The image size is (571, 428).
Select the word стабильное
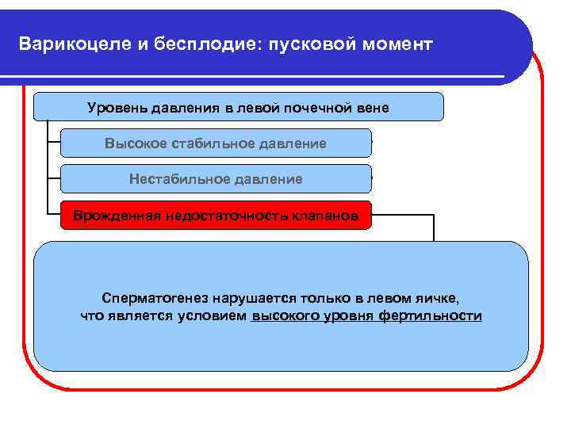[x=201, y=143]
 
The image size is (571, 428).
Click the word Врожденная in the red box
[x=117, y=215]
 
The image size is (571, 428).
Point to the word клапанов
[x=324, y=215]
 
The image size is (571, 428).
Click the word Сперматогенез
[x=155, y=298]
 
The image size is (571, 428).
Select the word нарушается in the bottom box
[x=249, y=298]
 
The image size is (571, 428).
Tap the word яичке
[x=436, y=298]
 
